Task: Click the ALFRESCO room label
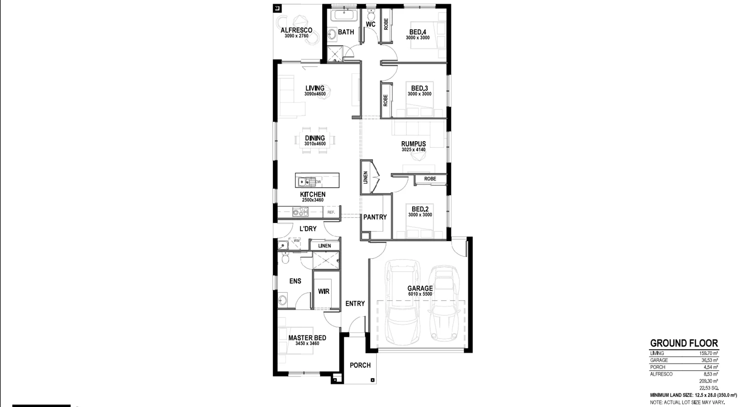[x=296, y=30]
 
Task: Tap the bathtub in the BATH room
[x=343, y=16]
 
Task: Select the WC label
[x=371, y=25]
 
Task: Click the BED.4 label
[x=418, y=32]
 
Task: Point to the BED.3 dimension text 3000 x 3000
[x=419, y=94]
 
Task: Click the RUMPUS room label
[x=413, y=144]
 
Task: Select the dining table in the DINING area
[x=315, y=140]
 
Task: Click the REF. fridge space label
[x=331, y=212]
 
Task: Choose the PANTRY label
[x=375, y=217]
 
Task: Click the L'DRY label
[x=308, y=229]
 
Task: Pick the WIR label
[x=324, y=292]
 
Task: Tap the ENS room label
[x=295, y=281]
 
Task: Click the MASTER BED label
[x=307, y=338]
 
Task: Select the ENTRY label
[x=355, y=304]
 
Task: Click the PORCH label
[x=360, y=365]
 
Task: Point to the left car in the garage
[x=402, y=302]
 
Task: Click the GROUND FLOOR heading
[x=684, y=343]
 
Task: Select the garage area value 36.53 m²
[x=708, y=360]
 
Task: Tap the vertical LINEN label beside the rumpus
[x=365, y=178]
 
